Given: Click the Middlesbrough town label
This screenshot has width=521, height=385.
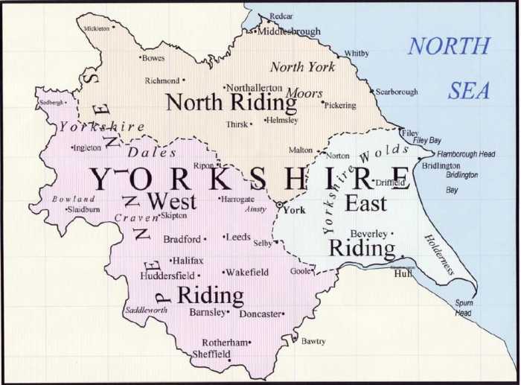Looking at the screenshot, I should pos(290,31).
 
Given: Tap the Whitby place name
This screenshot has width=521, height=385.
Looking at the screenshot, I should pos(356,54).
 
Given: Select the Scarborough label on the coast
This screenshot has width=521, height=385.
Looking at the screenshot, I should pos(397,92).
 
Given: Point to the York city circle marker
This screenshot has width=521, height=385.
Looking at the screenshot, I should pos(279,203).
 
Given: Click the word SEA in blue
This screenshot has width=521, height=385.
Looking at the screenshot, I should pos(469,91).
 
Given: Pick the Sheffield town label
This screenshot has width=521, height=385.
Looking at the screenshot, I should pos(211,354).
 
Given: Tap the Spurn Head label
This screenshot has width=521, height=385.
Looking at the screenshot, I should pos(464,308).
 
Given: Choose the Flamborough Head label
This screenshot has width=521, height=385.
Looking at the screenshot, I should pos(466,154).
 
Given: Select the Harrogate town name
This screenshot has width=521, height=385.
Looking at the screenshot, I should pos(238,200).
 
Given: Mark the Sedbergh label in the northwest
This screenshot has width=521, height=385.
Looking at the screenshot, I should pos(51,103).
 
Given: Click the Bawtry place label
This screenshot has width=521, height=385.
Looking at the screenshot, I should pos(313,341).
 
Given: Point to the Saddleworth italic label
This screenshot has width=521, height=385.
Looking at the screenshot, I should pos(146,309).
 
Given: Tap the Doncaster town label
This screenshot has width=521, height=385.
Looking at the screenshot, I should pos(260,314).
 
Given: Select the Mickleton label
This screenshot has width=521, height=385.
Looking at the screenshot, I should pos(97,28).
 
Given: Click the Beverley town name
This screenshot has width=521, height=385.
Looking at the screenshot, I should pos(368,234).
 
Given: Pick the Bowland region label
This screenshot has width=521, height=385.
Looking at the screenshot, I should pos(73,199).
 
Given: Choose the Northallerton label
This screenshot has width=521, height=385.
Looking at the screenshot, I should pos(255,87).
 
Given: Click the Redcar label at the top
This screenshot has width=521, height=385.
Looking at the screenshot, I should pos(281,16).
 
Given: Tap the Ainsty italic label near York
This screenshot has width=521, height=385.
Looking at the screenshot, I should pos(255,209).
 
